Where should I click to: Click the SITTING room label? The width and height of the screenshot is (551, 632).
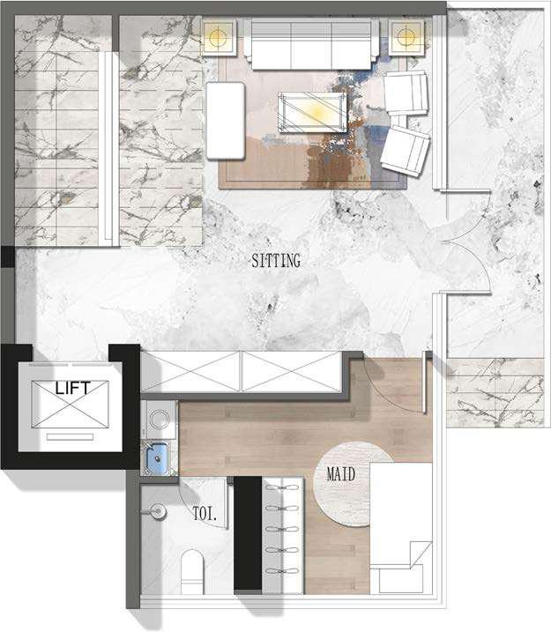[276, 260]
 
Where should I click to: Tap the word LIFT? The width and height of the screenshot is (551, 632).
[72, 389]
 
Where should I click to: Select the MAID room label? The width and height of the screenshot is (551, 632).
[341, 474]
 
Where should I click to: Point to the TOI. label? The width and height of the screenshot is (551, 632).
[205, 514]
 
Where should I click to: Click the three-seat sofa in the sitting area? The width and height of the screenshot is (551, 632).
[311, 44]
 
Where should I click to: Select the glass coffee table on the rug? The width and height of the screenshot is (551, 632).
[312, 113]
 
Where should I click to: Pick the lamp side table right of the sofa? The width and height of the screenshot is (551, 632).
[406, 37]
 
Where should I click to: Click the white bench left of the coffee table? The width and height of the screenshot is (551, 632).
[226, 120]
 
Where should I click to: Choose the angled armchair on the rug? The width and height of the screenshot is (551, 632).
[405, 151]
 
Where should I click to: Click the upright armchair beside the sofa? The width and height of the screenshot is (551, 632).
[406, 93]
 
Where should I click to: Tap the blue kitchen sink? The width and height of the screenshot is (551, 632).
[157, 457]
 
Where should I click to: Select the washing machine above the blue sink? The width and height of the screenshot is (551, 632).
[159, 420]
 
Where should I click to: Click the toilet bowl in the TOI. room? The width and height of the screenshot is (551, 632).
[192, 571]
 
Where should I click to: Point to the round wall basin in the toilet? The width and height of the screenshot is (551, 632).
[158, 512]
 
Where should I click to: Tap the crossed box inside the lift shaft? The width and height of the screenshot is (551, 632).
[71, 404]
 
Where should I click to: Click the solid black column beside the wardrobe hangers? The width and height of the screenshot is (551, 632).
[248, 533]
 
